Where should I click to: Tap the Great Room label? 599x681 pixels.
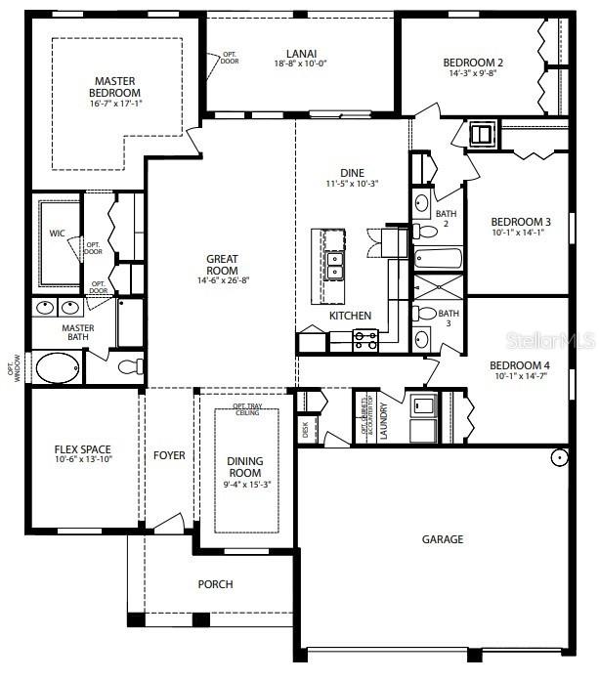[x=222, y=265]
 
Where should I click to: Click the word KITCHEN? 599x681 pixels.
[x=349, y=316]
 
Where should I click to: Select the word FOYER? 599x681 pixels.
[x=169, y=455]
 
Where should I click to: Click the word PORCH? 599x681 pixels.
[x=215, y=584]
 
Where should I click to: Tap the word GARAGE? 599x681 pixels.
[x=443, y=539]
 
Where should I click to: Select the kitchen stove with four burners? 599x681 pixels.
[x=364, y=339]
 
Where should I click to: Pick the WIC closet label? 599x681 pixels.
[x=57, y=234]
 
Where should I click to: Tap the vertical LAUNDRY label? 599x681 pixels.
[x=384, y=420]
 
